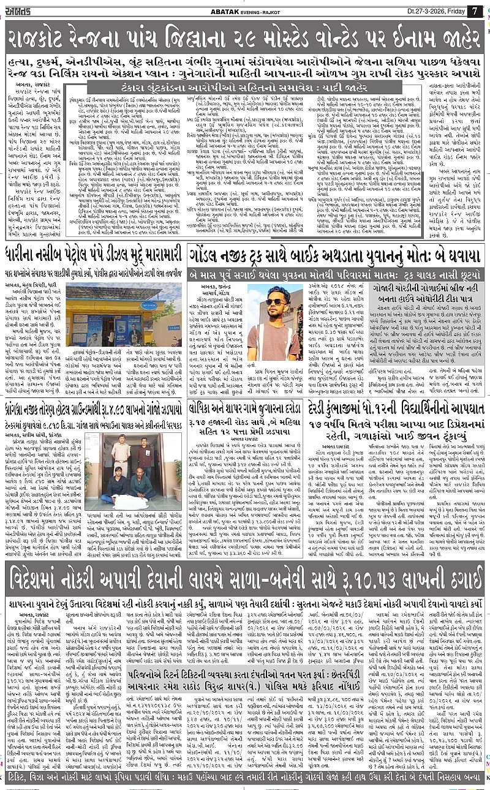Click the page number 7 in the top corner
[474, 10]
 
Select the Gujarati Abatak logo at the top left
[26, 10]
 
